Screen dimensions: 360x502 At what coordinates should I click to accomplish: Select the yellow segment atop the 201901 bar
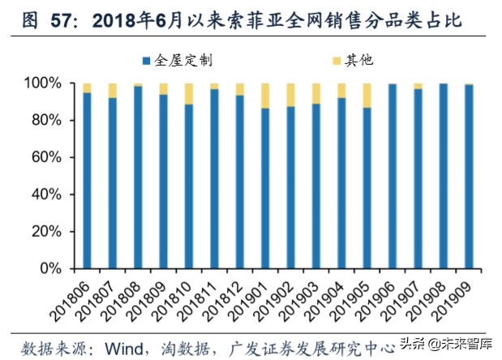[x=265, y=95]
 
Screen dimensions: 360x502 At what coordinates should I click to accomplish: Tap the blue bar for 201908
[x=443, y=175]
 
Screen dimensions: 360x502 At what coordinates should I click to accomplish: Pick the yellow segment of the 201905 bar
[x=367, y=95]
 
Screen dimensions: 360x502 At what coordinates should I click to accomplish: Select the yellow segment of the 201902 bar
[x=290, y=95]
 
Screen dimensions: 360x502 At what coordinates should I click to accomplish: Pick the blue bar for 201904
[x=341, y=182]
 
